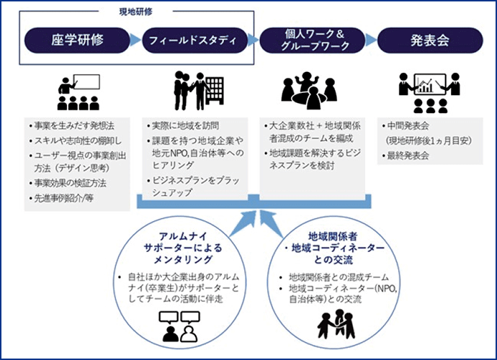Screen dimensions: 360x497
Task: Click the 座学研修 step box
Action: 79,40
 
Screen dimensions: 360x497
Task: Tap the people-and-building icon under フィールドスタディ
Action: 192,90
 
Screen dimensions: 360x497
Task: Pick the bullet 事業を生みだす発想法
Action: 73,125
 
